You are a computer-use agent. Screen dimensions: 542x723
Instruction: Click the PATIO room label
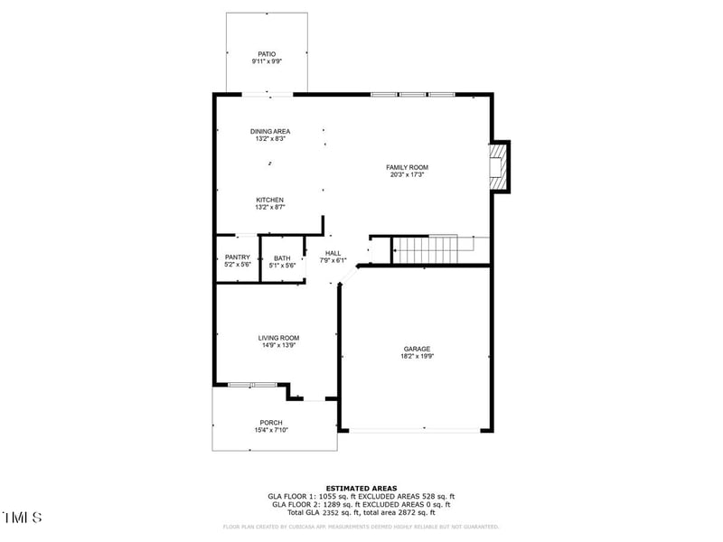pos(266,54)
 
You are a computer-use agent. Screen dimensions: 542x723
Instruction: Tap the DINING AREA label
pos(270,132)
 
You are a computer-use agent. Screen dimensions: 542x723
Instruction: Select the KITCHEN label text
pos(270,200)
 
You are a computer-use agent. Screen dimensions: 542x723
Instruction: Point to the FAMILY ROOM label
pos(407,167)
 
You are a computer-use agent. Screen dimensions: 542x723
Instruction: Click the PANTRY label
pos(238,257)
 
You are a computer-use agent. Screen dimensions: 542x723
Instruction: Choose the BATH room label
pos(282,258)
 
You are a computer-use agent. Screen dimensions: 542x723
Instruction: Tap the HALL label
pos(333,253)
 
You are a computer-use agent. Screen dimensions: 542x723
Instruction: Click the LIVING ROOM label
pos(278,338)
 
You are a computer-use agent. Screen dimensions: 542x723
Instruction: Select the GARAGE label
pos(417,349)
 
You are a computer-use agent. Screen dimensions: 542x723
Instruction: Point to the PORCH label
pos(271,423)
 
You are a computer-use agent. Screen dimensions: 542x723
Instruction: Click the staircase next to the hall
pos(428,249)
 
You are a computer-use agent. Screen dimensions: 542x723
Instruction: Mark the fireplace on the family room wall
pos(498,166)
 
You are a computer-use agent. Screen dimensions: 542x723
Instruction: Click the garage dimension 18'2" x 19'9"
pos(417,357)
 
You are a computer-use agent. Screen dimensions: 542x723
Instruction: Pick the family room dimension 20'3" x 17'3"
pos(407,174)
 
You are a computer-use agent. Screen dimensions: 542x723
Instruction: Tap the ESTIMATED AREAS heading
pos(361,488)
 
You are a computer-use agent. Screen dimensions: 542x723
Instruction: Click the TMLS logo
pos(23,518)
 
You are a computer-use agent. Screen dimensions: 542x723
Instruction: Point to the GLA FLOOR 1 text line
pos(361,496)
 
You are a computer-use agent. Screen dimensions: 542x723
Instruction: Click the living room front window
pos(252,385)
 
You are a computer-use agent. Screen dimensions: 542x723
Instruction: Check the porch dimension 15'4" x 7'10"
pos(271,431)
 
